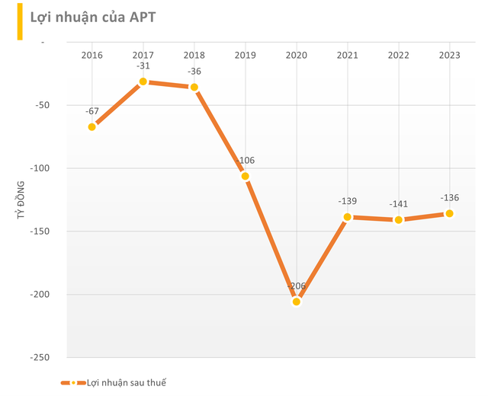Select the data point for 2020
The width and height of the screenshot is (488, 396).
point(296,302)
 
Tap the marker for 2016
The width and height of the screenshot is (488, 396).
point(92,126)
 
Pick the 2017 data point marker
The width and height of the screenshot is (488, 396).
point(143,81)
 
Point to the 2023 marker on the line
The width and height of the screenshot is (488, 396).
point(449,213)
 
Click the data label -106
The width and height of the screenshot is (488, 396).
point(245,161)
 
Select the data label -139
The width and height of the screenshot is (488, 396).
point(347,201)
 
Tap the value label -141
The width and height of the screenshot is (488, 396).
point(398,204)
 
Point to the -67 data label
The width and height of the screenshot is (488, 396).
point(92,111)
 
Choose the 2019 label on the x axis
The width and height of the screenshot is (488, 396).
point(245,55)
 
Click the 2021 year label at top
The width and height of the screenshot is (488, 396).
point(347,55)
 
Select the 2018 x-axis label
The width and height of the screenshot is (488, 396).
point(194,55)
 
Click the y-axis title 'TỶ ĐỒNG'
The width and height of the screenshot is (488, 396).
point(21,200)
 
